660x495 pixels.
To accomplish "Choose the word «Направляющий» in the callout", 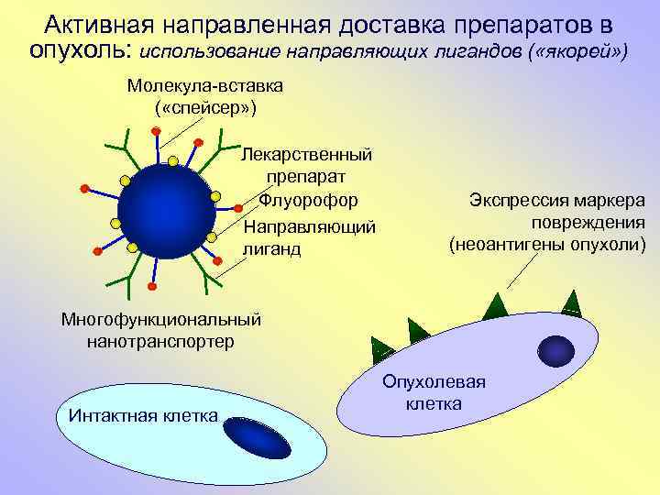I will click(x=309, y=225).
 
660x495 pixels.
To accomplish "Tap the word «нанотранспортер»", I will click(x=160, y=342).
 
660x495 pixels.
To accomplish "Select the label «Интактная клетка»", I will click(x=143, y=415).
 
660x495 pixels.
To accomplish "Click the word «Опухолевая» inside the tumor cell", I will click(x=434, y=382).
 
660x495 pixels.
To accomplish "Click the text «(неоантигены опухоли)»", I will click(x=547, y=245).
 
